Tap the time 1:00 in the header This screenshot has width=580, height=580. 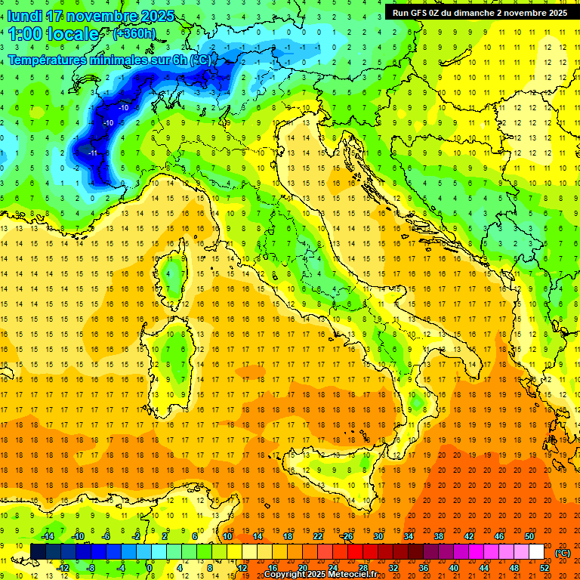(24, 34)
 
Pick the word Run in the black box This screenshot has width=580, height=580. (401, 13)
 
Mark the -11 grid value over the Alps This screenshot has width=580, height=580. (93, 153)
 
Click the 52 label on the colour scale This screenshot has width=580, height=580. (545, 567)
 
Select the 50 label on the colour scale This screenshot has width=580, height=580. (529, 535)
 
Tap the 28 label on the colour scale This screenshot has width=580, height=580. (362, 567)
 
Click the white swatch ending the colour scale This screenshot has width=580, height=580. (537, 551)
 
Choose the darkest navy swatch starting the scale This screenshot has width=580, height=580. (38, 551)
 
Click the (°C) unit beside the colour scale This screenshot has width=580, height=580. (563, 552)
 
